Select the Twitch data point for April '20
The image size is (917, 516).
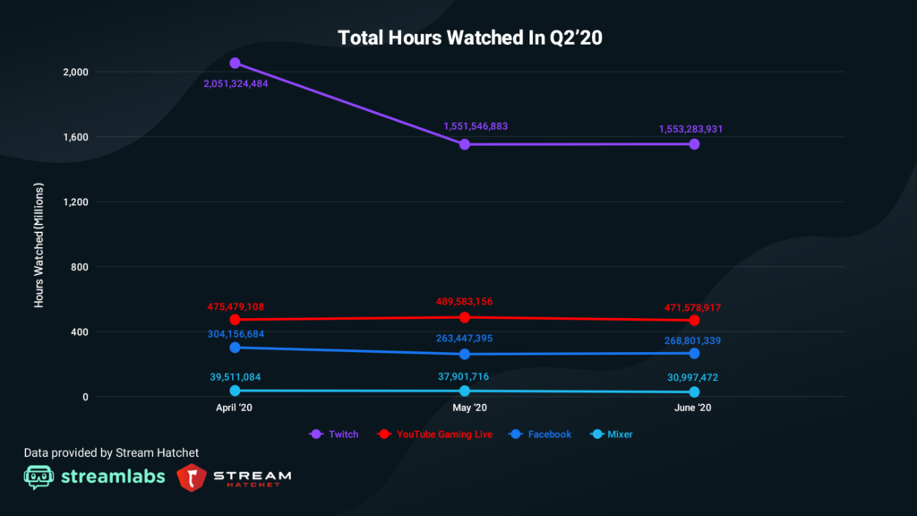[235, 64]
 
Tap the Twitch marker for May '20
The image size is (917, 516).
[465, 144]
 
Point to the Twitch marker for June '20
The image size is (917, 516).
[694, 144]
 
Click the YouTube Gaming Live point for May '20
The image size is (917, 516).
[465, 317]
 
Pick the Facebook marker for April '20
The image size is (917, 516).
[235, 348]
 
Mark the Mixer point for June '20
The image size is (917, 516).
[694, 392]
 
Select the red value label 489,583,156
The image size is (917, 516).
[464, 301]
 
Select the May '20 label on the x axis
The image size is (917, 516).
[465, 408]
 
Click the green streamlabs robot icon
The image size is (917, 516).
[39, 477]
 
